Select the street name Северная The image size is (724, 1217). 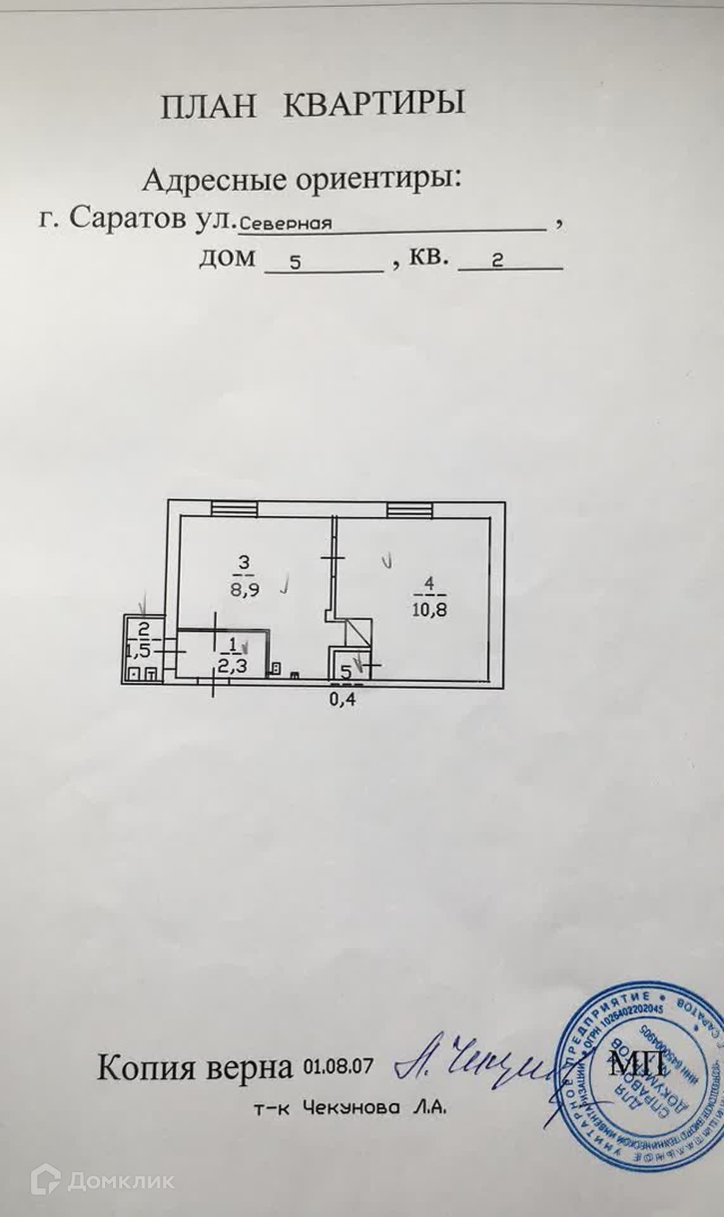click(x=287, y=223)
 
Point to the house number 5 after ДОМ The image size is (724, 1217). click(x=295, y=263)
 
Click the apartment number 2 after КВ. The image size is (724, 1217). click(x=498, y=261)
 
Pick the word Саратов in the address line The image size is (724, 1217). click(x=127, y=219)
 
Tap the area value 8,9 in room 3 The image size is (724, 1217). click(x=245, y=588)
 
